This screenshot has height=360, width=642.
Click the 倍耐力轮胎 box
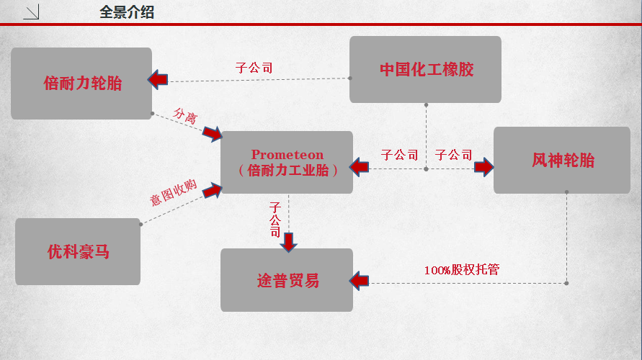(x=81, y=84)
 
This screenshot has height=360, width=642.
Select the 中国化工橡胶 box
(x=425, y=70)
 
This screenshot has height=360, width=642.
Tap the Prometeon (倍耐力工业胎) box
(x=287, y=163)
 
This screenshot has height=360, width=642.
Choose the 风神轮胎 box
(x=562, y=161)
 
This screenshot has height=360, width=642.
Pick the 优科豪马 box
(x=78, y=252)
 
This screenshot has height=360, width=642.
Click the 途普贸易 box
(x=287, y=280)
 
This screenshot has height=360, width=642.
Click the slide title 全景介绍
(x=127, y=12)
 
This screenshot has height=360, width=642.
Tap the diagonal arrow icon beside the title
(x=32, y=12)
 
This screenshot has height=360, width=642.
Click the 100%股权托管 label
(x=462, y=271)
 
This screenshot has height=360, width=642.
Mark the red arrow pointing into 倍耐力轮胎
(x=158, y=79)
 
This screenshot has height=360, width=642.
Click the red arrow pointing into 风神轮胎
(x=483, y=168)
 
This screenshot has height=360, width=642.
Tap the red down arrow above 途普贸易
(x=289, y=241)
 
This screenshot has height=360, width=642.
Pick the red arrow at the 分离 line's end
(x=212, y=133)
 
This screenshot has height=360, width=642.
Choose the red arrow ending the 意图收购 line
(x=213, y=191)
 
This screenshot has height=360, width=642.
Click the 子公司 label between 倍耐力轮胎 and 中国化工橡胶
(x=254, y=68)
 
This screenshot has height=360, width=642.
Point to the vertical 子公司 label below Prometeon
(x=275, y=219)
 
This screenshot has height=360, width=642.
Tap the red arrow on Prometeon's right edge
(x=359, y=168)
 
